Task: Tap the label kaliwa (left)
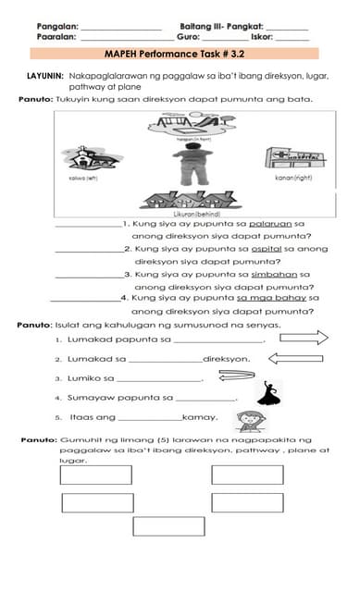coord(82,178)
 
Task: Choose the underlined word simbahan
coord(287,274)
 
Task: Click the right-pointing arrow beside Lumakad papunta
coord(304,339)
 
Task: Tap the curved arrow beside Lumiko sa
coord(236,376)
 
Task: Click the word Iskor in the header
coord(262,38)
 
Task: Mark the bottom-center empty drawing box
coord(168,525)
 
